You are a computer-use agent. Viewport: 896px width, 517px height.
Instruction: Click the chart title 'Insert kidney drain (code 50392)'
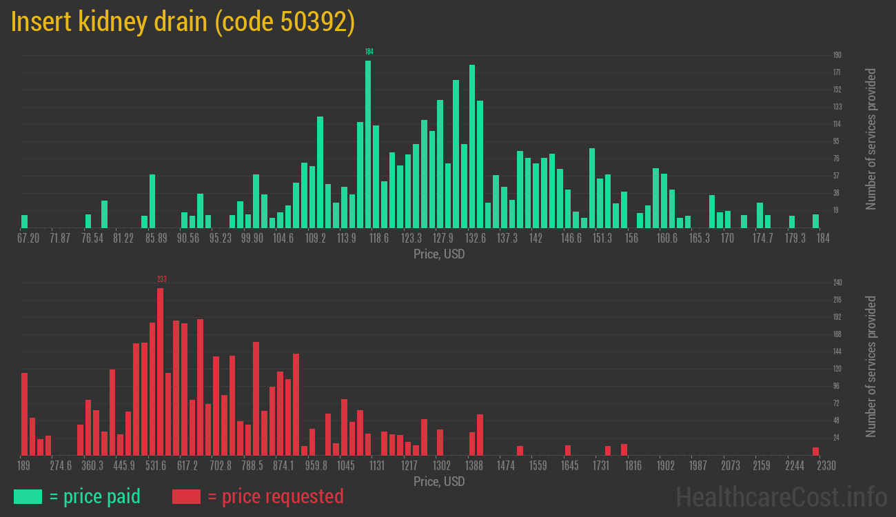[x=183, y=22]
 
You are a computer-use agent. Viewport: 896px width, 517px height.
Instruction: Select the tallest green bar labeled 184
[x=368, y=145]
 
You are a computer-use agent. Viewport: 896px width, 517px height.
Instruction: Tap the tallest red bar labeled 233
[x=161, y=372]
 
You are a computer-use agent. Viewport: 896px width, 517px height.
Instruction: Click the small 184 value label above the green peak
[x=369, y=52]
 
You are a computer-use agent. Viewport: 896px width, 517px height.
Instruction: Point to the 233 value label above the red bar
[x=162, y=279]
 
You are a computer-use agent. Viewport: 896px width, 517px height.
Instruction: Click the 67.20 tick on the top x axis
[x=28, y=238]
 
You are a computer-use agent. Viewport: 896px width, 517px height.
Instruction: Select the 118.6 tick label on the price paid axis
[x=379, y=238]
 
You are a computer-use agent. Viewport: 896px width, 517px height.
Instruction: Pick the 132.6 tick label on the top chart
[x=475, y=238]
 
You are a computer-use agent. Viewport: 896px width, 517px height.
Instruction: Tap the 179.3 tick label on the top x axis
[x=795, y=238]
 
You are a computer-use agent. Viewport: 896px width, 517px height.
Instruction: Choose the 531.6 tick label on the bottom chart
[x=156, y=465]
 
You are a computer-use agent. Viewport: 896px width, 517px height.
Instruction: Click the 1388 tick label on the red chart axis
[x=474, y=465]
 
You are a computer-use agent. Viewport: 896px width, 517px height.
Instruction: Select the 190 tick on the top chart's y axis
[x=837, y=55]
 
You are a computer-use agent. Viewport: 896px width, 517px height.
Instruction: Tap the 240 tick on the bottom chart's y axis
[x=837, y=283]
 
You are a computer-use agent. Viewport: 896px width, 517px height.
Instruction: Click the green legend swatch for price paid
[x=28, y=496]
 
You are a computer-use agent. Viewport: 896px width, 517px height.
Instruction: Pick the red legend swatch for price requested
[x=186, y=496]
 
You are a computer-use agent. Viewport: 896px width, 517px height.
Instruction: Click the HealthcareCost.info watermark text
[x=781, y=496]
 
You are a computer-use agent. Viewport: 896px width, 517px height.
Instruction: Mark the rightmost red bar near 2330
[x=815, y=452]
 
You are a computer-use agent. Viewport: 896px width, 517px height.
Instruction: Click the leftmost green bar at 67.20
[x=25, y=221]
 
